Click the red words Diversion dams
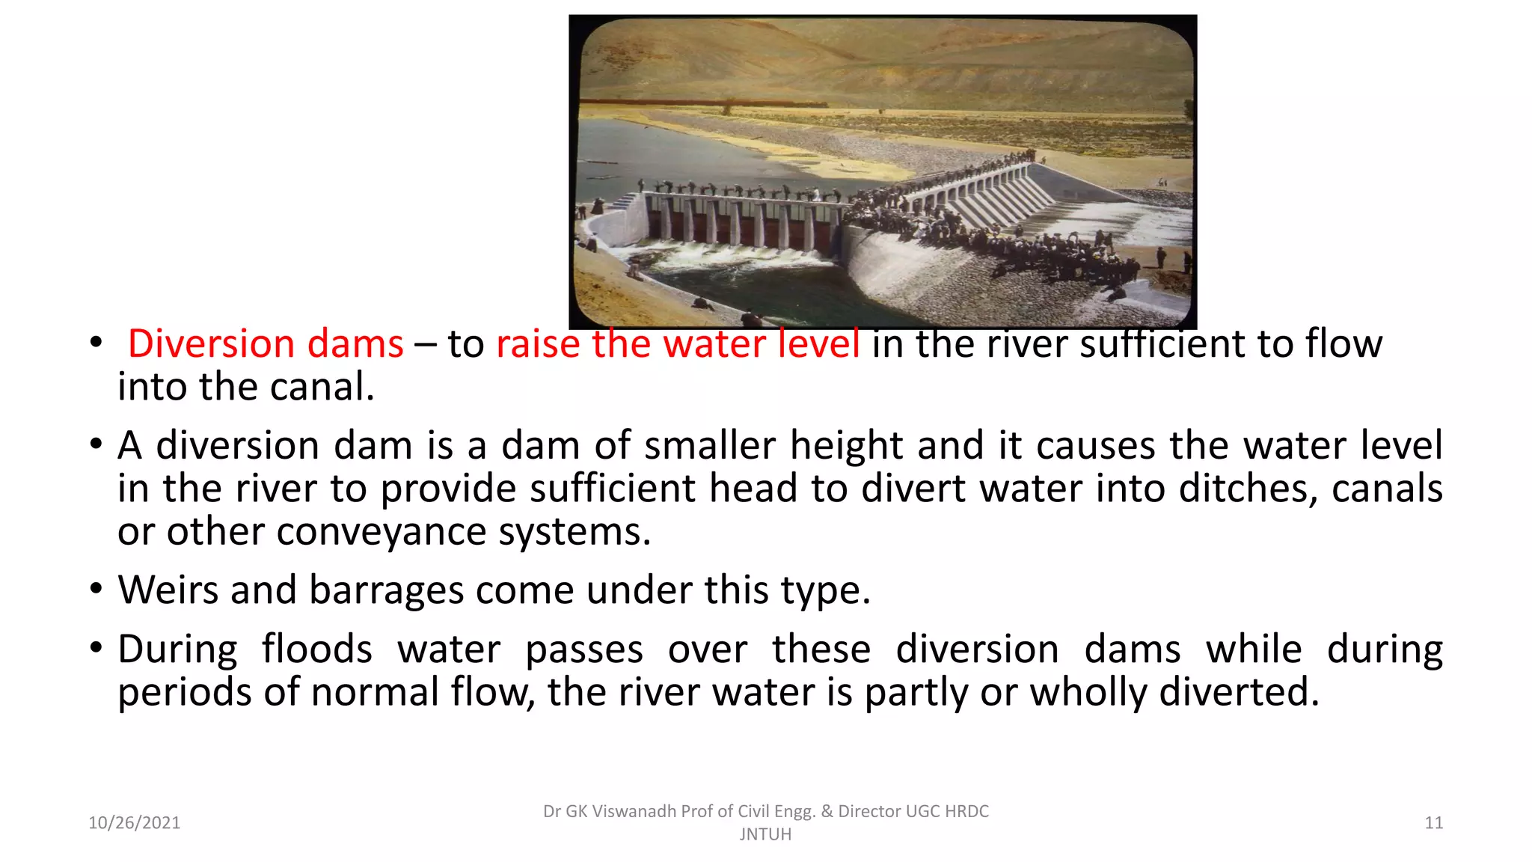pyautogui.click(x=266, y=344)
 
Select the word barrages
pyautogui.click(x=386, y=591)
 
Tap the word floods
pyautogui.click(x=316, y=649)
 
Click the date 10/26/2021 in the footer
pyautogui.click(x=134, y=823)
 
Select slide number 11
pyautogui.click(x=1433, y=823)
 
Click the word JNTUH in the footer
pyautogui.click(x=765, y=834)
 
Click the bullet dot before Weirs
pyautogui.click(x=96, y=588)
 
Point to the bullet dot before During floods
pyautogui.click(x=96, y=647)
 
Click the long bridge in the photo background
pyautogui.click(x=703, y=103)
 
